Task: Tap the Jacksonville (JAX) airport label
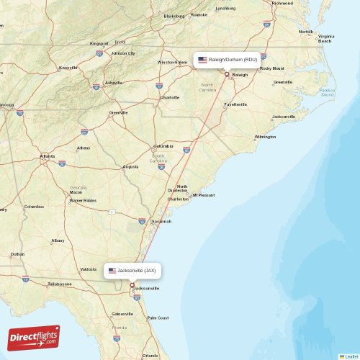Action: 136,271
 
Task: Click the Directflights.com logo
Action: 34,337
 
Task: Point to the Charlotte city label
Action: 170,96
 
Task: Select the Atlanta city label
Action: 48,156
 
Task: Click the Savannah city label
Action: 161,221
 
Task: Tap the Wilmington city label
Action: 265,136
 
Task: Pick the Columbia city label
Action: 163,147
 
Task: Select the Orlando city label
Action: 150,355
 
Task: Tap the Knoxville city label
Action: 68,68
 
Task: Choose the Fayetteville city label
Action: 235,104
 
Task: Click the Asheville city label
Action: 113,83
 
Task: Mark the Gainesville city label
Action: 123,314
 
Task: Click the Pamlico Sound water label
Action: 328,92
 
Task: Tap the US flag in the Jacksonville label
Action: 112,271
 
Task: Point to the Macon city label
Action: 76,192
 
